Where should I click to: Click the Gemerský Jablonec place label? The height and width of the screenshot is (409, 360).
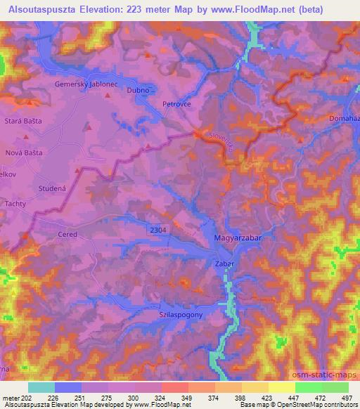click(82, 83)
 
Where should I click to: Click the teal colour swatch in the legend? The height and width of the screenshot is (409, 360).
click(41, 387)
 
